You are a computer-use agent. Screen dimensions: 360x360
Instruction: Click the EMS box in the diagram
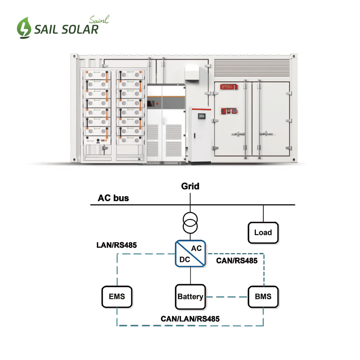point(117,297)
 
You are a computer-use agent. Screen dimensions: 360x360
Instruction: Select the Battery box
point(190,297)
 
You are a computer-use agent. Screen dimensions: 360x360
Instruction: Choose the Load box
point(263,232)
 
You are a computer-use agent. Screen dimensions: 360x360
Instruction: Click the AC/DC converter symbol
point(190,254)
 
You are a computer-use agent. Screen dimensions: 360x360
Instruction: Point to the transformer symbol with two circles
point(190,223)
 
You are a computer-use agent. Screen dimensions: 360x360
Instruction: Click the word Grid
point(190,186)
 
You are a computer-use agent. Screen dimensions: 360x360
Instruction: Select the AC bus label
point(113,198)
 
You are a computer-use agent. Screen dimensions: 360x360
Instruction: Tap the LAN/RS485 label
point(116,246)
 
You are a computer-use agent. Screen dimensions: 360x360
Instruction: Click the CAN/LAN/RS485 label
point(190,319)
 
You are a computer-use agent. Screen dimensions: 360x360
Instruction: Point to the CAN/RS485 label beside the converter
point(237,261)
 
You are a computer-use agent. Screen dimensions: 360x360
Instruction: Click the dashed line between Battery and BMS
point(226,297)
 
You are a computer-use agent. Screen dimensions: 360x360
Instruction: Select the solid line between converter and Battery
point(190,275)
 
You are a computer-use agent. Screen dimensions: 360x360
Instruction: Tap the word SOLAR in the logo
point(81,29)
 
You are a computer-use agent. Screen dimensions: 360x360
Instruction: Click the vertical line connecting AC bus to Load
point(263,214)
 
